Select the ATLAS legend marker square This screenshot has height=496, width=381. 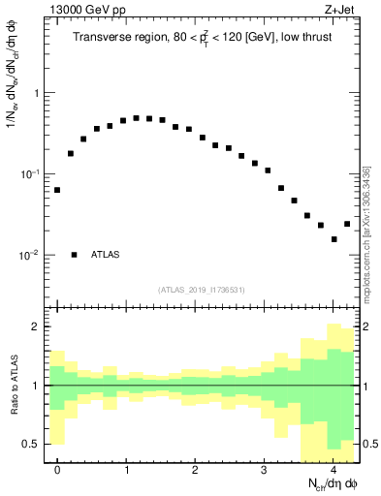click(x=74, y=255)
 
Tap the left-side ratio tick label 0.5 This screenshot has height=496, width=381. click(x=33, y=444)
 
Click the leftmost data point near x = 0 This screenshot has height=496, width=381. click(x=57, y=190)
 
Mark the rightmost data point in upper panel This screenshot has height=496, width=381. click(x=347, y=224)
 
